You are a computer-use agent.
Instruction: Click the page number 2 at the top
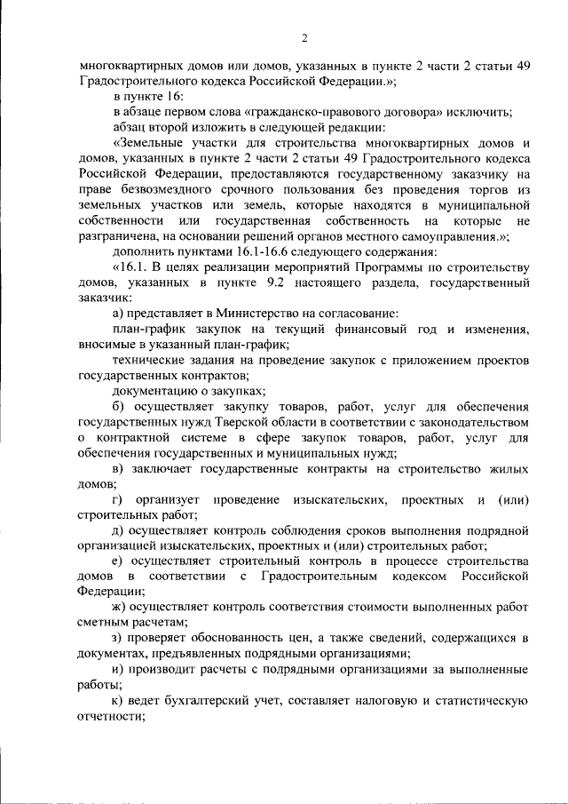tap(304, 37)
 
